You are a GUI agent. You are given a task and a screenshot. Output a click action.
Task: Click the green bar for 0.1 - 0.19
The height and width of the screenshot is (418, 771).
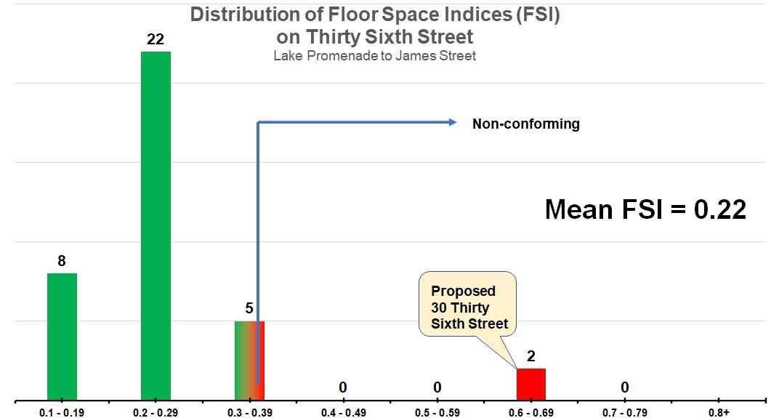(62, 336)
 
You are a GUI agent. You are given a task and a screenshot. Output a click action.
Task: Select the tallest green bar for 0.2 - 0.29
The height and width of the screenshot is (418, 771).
(156, 225)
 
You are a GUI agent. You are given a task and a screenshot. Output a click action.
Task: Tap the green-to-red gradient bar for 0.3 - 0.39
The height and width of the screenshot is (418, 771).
(249, 360)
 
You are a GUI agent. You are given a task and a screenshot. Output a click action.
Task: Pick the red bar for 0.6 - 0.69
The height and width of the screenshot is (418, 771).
(530, 384)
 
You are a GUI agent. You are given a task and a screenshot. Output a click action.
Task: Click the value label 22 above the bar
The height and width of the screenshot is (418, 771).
(156, 39)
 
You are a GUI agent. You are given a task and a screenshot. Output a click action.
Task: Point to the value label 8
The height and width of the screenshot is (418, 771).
(62, 260)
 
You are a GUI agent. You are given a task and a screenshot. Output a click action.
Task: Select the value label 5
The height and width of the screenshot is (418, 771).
(249, 308)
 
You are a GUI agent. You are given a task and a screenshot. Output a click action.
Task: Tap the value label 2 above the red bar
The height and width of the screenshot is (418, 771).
(531, 356)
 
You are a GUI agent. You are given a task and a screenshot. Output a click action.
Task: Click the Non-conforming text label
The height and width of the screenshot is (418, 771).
(526, 124)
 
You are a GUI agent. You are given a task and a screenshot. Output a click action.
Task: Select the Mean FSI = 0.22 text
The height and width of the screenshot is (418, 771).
(645, 209)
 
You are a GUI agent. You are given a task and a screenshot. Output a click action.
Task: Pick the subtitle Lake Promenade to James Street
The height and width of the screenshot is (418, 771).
(375, 56)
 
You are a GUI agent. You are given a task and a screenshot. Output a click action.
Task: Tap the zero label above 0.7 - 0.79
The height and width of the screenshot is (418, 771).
(624, 387)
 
